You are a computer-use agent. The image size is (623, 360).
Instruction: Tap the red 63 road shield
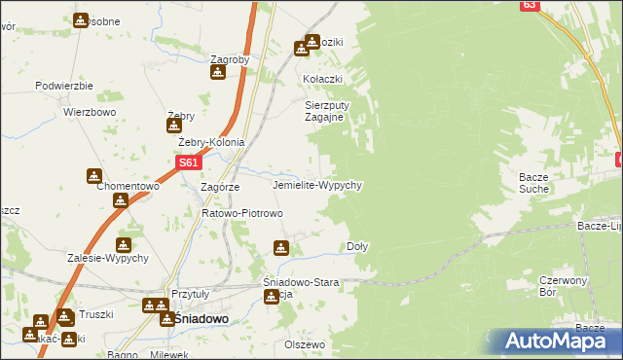[x=529, y=5]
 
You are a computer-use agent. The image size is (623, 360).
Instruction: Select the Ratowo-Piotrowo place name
[x=241, y=213]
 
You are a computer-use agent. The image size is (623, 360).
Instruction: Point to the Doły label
[x=357, y=247]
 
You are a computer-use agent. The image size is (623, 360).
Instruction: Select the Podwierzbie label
[x=63, y=86]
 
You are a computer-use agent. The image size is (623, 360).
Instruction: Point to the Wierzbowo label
[x=91, y=112]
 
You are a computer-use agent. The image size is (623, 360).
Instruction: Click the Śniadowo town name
[x=201, y=318]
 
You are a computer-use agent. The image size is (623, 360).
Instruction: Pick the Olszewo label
[x=304, y=344]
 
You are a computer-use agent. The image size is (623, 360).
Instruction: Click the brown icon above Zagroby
[x=219, y=72]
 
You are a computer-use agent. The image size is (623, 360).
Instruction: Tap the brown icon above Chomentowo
[x=93, y=176]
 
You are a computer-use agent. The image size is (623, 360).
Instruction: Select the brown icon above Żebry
[x=174, y=124]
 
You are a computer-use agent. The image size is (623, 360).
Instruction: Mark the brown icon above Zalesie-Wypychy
[x=124, y=245]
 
